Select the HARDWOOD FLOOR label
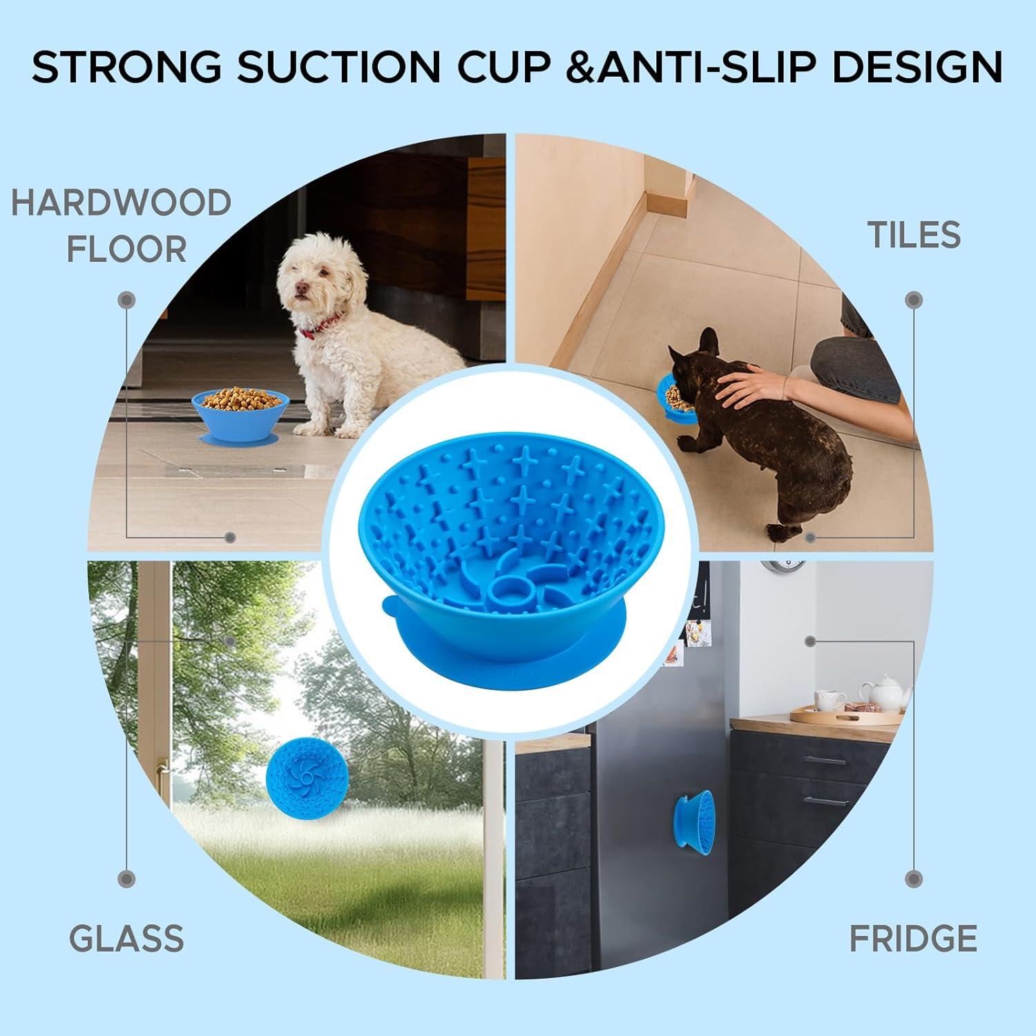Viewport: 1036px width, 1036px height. pyautogui.click(x=122, y=225)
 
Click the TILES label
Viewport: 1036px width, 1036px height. pyautogui.click(x=914, y=236)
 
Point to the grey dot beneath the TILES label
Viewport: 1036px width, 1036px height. pyautogui.click(x=914, y=300)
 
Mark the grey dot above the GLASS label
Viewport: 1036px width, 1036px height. pyautogui.click(x=126, y=879)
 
